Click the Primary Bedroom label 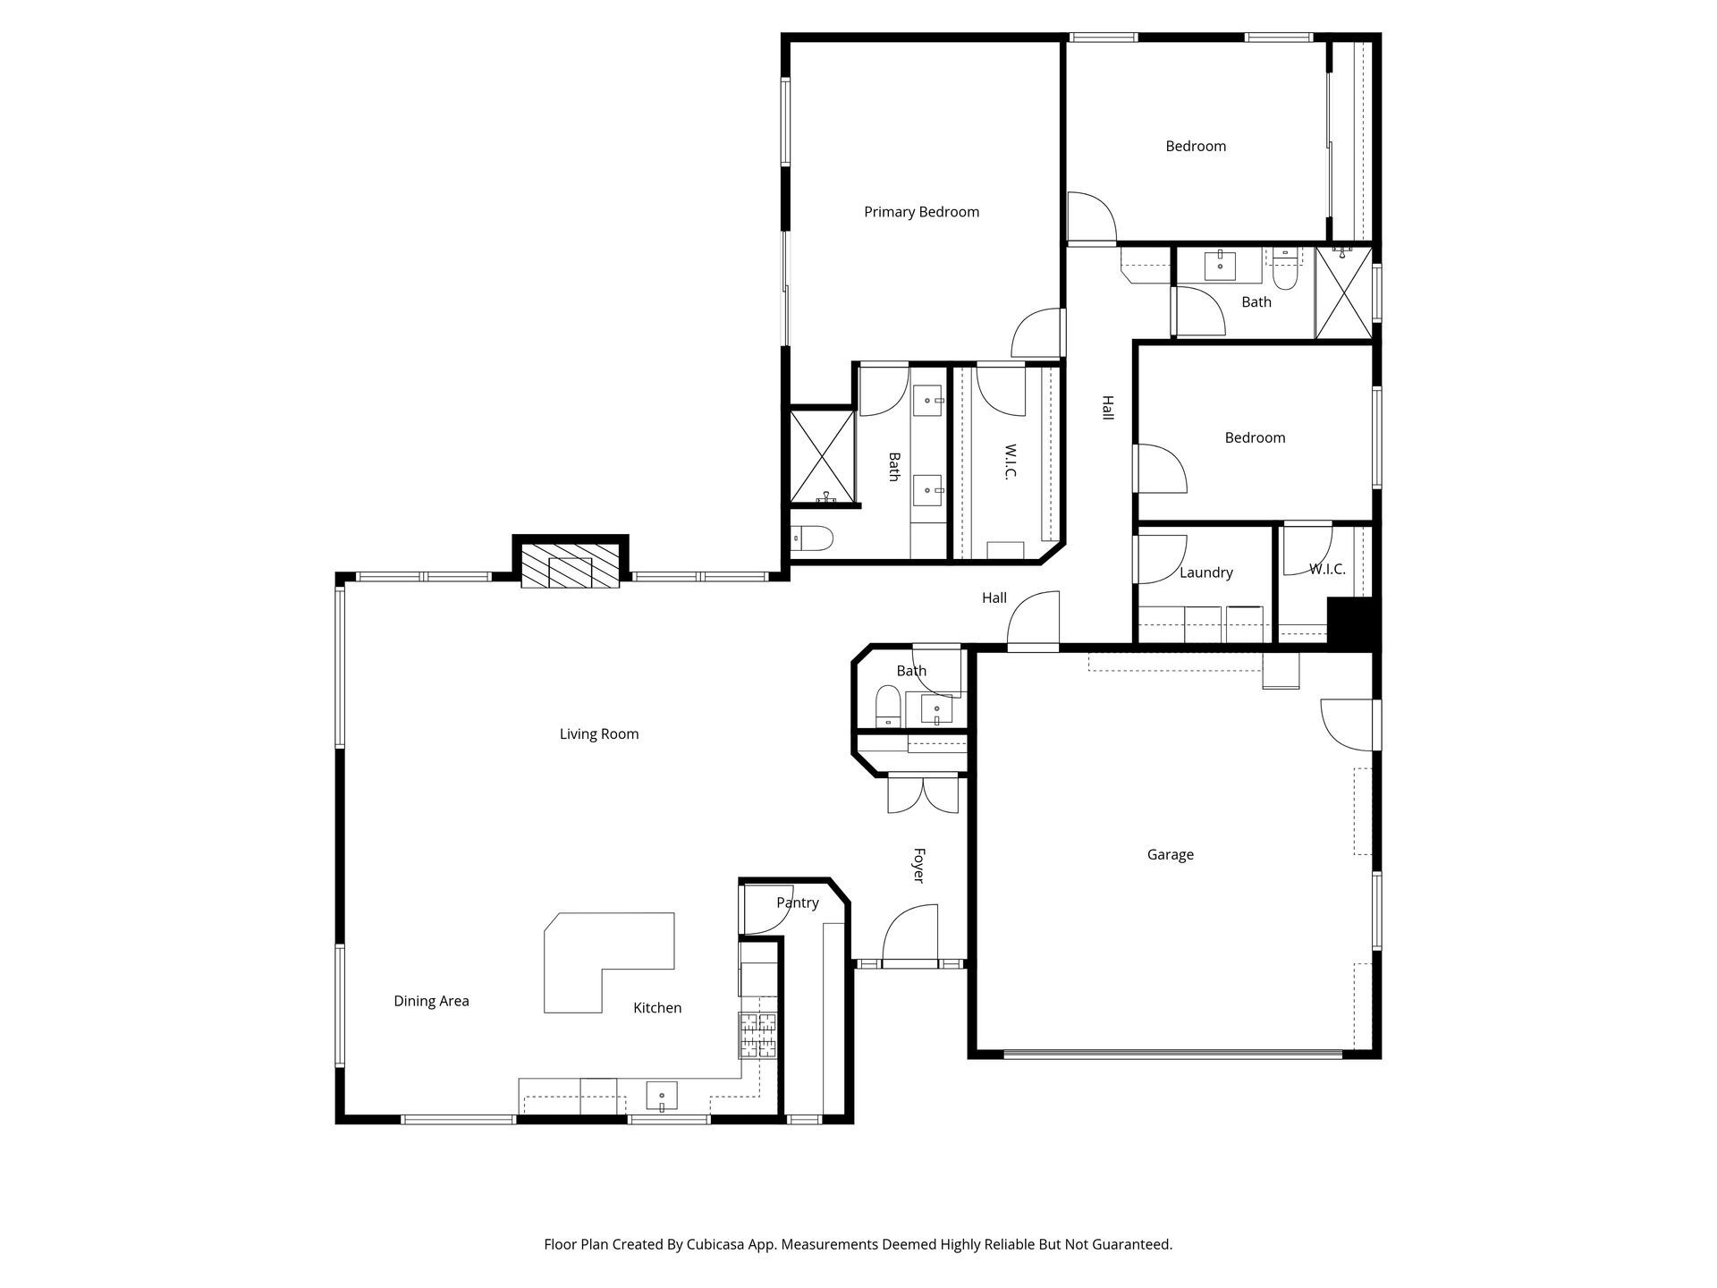tap(921, 212)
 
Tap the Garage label tap(1170, 855)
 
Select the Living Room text tap(599, 734)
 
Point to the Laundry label tap(1205, 572)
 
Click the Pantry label tap(797, 902)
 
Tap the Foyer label tap(918, 865)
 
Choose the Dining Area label tap(431, 1001)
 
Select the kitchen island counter tap(609, 962)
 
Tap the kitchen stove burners tap(757, 1035)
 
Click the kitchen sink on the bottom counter tap(662, 1096)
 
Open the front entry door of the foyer tap(910, 936)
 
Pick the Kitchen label tap(657, 1008)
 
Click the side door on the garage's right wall tap(1350, 724)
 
